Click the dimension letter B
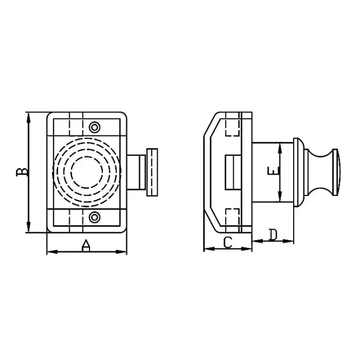[20, 172]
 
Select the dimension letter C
[227, 242]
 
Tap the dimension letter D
[273, 235]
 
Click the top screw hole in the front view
[95, 127]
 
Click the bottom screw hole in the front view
[95, 218]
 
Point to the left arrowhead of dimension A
[50, 252]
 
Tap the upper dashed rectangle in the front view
[76, 126]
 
